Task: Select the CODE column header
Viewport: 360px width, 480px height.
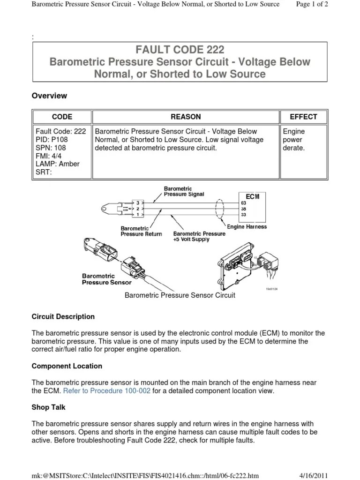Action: point(62,117)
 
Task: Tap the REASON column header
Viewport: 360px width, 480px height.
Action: point(186,117)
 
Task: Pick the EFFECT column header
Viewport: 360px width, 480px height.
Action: point(303,117)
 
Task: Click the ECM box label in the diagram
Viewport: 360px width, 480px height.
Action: point(252,196)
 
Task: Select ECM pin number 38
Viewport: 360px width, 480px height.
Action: point(243,208)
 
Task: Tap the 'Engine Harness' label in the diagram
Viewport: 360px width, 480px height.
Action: point(247,227)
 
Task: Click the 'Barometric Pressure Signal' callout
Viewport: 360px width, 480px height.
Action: point(184,191)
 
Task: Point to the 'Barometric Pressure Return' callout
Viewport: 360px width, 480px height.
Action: point(141,231)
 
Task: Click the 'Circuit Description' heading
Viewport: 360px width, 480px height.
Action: point(63,316)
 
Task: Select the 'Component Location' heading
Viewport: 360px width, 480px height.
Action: point(67,366)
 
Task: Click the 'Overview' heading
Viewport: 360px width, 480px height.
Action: point(49,96)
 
